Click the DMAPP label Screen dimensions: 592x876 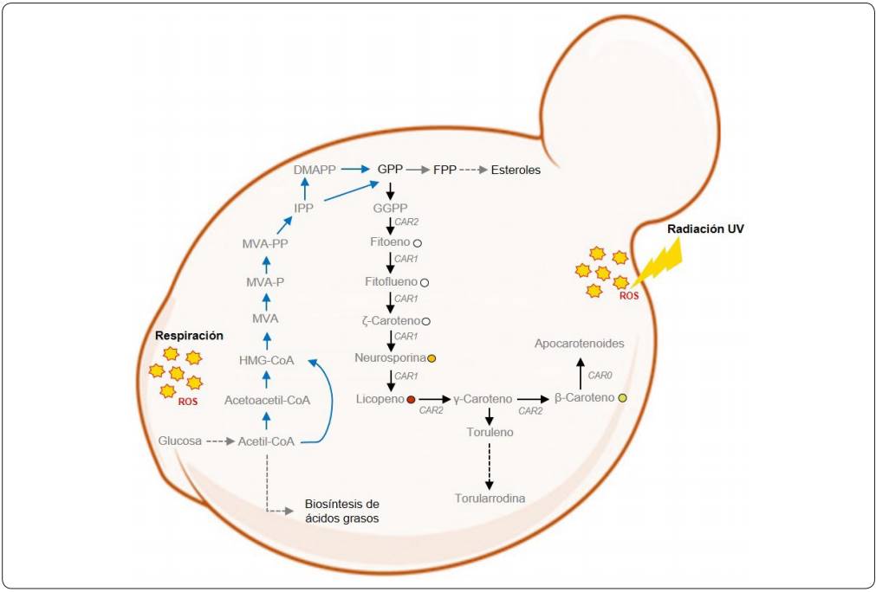coord(315,171)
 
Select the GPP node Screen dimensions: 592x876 coord(390,171)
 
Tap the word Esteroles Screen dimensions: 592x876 coord(516,171)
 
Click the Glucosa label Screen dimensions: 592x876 coord(181,441)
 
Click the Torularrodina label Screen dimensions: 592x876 coord(490,499)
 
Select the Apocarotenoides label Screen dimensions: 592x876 coord(580,344)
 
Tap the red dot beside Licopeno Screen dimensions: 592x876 coord(411,399)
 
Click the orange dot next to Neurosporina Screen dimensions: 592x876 coord(432,357)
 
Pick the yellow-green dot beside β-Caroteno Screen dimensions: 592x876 coord(622,398)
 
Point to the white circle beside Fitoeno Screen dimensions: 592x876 coord(417,244)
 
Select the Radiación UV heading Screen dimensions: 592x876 coord(705,229)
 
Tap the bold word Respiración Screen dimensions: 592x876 coord(190,335)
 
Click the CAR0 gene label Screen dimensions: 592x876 coord(600,376)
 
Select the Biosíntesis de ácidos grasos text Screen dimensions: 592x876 coord(342,511)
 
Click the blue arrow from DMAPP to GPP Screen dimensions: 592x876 coord(355,171)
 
